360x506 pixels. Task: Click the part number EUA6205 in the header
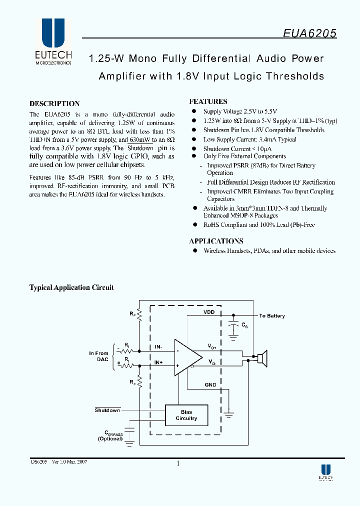[309, 33]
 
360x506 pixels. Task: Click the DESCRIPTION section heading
[54, 103]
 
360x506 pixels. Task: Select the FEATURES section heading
[208, 101]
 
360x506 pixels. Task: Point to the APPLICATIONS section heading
[216, 240]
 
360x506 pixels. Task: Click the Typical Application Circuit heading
[71, 287]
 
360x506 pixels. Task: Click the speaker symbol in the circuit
[261, 358]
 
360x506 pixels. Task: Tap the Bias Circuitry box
[186, 415]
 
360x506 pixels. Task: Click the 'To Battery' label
[271, 316]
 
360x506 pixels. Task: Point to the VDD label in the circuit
[209, 312]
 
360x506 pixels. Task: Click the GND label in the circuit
[210, 384]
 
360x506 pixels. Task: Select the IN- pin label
[158, 346]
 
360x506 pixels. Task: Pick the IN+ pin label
[158, 362]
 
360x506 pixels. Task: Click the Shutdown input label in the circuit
[107, 410]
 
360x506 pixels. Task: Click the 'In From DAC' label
[98, 356]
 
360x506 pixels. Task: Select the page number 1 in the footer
[178, 463]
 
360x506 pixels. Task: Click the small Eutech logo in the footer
[325, 472]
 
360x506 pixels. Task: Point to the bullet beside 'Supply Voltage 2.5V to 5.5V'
[194, 111]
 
